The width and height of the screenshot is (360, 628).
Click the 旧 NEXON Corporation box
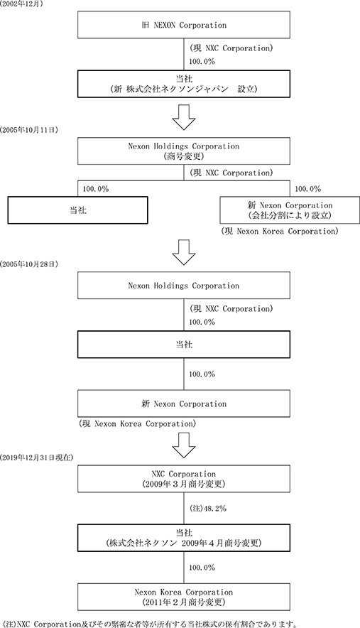[184, 25]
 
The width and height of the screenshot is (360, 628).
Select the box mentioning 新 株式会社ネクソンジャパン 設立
[184, 84]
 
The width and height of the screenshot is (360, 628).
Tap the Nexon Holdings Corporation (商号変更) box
[184, 151]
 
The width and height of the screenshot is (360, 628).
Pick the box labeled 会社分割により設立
[290, 210]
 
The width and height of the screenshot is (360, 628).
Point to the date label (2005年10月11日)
[29, 130]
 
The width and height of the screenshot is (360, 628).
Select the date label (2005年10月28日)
[29, 264]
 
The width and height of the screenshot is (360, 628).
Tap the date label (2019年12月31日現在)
[36, 457]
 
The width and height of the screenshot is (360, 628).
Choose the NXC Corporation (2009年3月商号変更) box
[184, 479]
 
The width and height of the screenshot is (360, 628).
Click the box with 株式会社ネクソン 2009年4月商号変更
[184, 538]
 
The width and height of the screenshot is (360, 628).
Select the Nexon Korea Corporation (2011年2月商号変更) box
[184, 597]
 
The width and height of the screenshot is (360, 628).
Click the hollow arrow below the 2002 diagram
[183, 117]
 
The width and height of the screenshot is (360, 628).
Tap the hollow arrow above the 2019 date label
[183, 445]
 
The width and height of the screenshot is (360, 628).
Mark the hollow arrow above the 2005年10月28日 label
[183, 252]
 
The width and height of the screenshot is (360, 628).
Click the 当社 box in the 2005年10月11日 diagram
[77, 210]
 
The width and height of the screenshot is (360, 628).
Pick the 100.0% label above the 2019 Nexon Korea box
[202, 568]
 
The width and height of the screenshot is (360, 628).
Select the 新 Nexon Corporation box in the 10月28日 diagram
[184, 404]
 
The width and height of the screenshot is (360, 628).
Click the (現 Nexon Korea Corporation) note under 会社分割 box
[280, 231]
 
